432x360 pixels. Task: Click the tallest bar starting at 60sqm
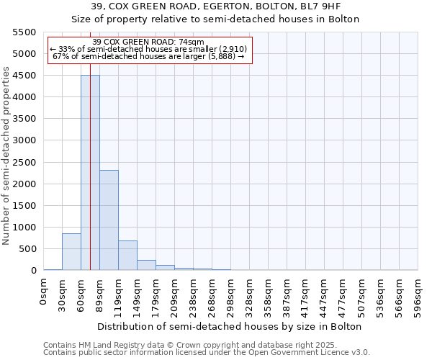(90, 173)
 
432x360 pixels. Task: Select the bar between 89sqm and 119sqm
(109, 220)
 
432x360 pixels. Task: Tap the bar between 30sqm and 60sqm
(71, 252)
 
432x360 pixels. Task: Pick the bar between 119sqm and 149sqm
(127, 256)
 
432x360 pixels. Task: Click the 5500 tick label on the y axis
(24, 32)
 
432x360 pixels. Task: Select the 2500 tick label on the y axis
(24, 162)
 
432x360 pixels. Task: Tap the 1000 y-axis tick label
(24, 228)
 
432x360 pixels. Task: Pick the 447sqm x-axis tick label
(325, 295)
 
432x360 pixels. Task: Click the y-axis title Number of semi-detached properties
(6, 156)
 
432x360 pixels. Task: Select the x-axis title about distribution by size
(230, 326)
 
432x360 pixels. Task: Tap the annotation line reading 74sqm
(149, 42)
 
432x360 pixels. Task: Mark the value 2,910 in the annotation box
(232, 49)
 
